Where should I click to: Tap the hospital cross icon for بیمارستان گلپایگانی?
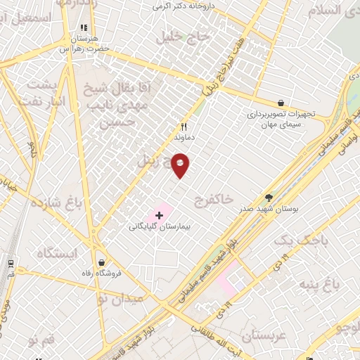coord(159,214)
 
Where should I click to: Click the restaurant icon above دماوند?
coord(184,127)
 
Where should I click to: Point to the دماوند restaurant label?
coord(184,139)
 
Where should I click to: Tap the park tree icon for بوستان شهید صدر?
coord(268,198)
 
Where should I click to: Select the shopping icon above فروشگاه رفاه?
coord(103,262)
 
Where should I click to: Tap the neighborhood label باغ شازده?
coord(57,205)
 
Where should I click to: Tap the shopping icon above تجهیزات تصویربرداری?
coord(281,103)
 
